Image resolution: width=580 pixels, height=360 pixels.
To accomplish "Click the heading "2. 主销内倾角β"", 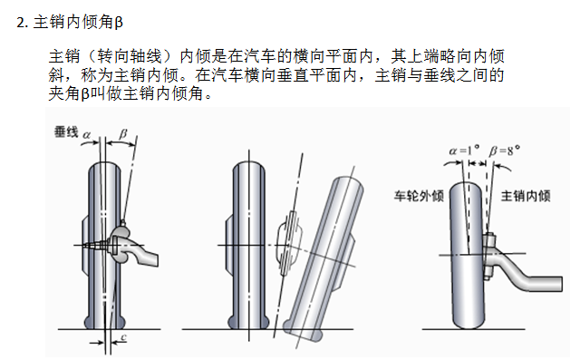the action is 70,22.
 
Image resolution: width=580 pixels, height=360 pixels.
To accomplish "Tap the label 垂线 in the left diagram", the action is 66,131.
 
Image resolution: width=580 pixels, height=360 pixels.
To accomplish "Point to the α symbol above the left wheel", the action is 87,135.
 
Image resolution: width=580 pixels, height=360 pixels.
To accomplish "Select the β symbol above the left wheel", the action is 123,134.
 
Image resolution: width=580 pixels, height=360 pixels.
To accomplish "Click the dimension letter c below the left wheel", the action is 124,336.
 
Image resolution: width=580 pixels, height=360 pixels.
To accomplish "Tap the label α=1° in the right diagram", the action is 464,151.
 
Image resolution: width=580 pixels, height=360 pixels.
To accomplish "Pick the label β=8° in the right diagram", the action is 505,151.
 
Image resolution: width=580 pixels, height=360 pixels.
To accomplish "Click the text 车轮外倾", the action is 419,195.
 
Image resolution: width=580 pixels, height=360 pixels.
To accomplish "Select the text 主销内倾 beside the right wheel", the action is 526,195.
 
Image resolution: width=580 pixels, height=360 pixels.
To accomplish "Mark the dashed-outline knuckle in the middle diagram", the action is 289,243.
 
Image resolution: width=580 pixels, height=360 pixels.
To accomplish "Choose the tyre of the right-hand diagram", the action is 468,256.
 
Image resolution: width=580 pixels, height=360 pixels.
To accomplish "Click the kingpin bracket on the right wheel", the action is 488,256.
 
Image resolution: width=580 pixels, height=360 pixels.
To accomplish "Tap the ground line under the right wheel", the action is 473,329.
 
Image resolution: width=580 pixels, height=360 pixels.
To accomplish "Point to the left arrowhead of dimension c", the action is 101,343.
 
